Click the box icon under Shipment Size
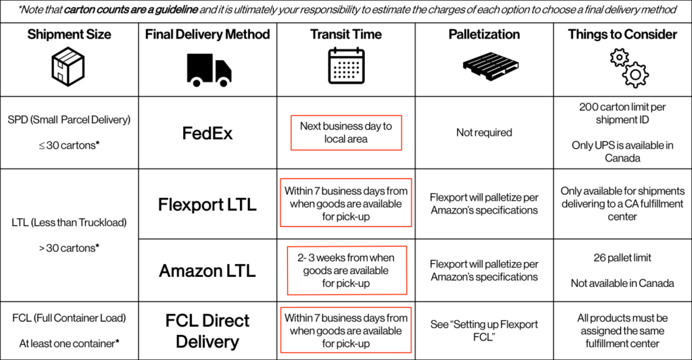68,67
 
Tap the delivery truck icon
209,70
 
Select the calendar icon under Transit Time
346,66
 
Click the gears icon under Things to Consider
629,68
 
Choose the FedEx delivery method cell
207,133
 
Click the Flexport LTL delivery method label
207,204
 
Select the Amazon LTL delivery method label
207,270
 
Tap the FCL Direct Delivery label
207,331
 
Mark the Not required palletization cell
484,132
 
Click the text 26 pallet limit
622,257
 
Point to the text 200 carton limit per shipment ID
622,113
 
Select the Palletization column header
484,34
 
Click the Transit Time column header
346,34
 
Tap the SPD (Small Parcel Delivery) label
70,120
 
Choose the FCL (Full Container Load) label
70,318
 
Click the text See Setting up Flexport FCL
484,331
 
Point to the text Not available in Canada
622,283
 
